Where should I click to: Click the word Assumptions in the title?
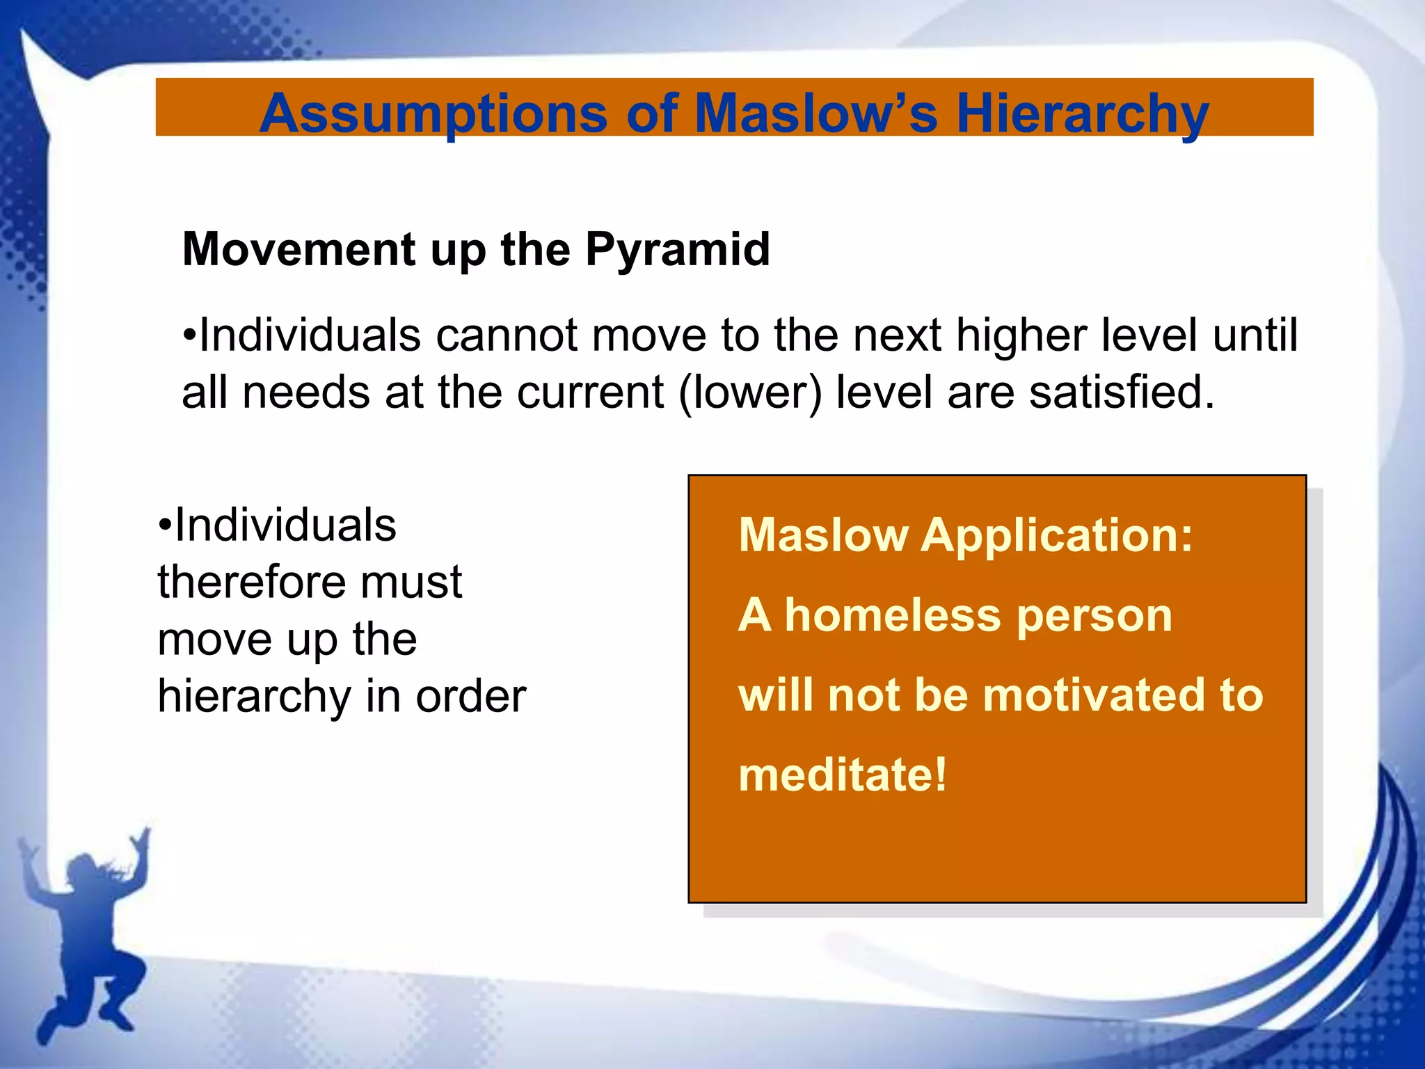click(433, 114)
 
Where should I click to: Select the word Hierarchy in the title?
click(1082, 114)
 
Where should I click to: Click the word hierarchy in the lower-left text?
click(255, 697)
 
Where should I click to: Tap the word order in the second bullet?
click(470, 697)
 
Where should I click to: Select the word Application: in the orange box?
click(1056, 536)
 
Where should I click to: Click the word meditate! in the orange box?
click(843, 775)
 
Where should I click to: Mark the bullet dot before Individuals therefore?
click(164, 525)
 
